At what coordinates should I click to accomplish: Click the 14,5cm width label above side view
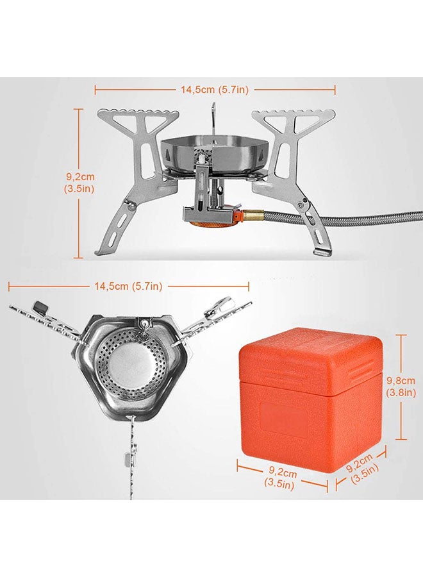coord(215,89)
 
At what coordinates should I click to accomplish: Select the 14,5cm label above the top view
coord(128,286)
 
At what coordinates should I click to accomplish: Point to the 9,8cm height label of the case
coord(401,387)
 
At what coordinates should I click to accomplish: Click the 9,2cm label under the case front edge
coord(280,478)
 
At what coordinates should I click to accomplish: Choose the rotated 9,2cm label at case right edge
coord(362,469)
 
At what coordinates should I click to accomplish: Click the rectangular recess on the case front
coord(283,419)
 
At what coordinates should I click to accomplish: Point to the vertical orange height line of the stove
coord(79,183)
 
